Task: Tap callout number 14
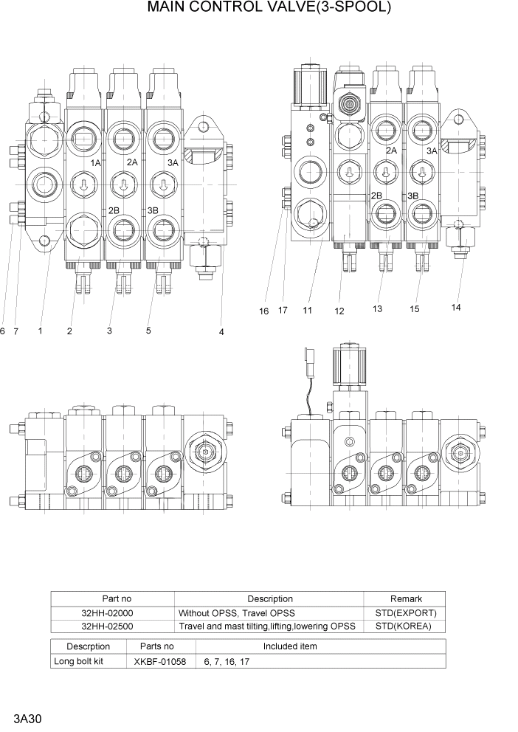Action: pos(456,308)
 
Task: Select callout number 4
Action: pos(221,332)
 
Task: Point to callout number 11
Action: pos(308,311)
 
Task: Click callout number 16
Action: pos(263,311)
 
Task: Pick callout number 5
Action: pos(148,331)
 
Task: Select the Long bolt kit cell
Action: pos(78,661)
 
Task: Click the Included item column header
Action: pos(290,646)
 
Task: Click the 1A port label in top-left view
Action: pos(95,162)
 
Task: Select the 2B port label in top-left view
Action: pos(114,210)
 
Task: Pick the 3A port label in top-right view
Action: pos(432,151)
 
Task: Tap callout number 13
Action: pos(377,308)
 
